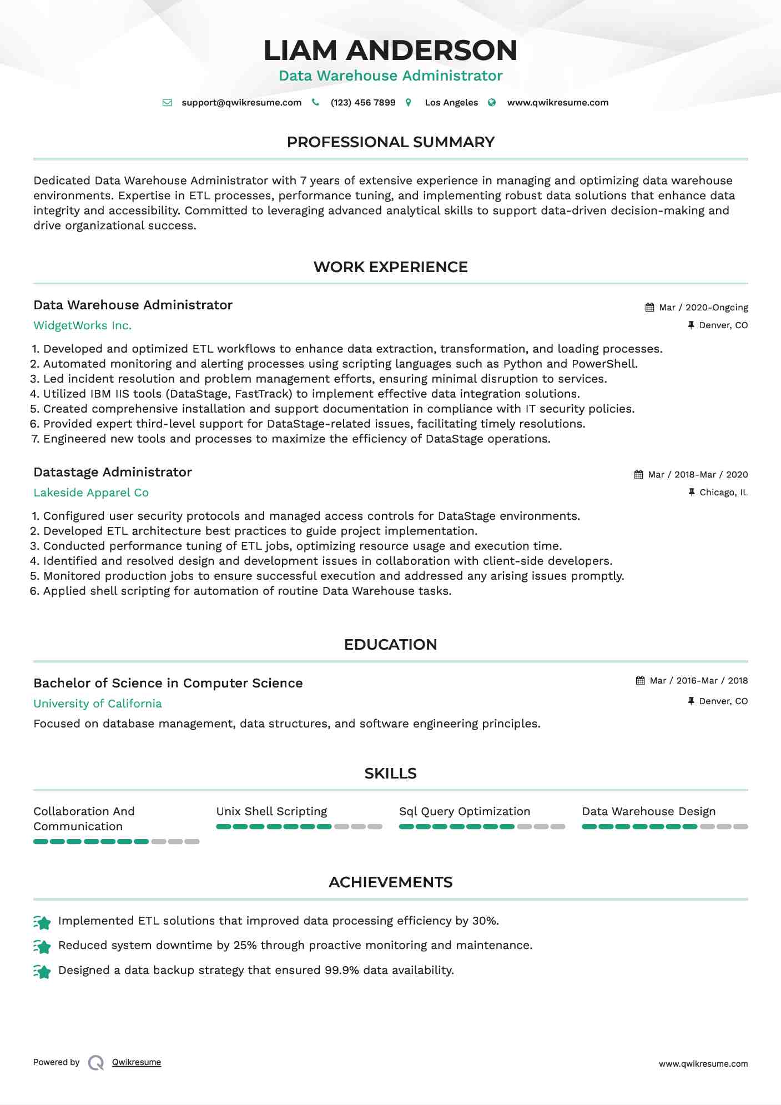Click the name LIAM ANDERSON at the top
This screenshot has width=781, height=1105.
(x=390, y=51)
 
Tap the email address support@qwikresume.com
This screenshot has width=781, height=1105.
(x=241, y=103)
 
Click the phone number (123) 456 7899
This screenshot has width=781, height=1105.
(x=363, y=103)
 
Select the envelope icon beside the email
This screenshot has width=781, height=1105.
(x=167, y=103)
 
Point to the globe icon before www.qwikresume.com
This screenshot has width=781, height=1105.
(x=492, y=103)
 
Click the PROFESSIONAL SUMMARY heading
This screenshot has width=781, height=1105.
(x=390, y=142)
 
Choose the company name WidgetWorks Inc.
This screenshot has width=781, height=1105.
(x=82, y=326)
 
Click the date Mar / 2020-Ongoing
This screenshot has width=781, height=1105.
(x=703, y=308)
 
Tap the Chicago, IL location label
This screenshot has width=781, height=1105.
(x=723, y=493)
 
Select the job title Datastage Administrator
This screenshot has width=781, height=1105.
(x=113, y=473)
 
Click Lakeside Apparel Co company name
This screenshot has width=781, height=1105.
(x=91, y=493)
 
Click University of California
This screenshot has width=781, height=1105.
(x=98, y=704)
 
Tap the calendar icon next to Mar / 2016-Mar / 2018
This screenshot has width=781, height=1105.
(x=640, y=681)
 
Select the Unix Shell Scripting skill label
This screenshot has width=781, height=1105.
(x=271, y=812)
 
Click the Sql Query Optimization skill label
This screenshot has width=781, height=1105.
(x=465, y=812)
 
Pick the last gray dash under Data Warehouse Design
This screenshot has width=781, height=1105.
(x=740, y=827)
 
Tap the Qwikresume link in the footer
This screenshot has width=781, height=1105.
(x=137, y=1062)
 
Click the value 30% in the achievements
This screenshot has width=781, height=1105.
(x=485, y=921)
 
